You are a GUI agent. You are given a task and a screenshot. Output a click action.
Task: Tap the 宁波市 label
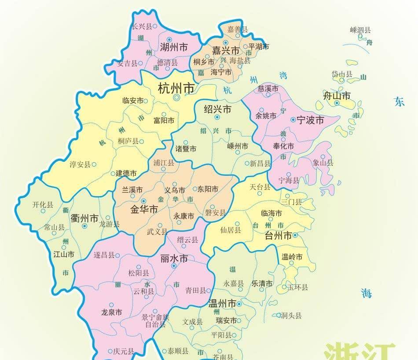[x=310, y=120]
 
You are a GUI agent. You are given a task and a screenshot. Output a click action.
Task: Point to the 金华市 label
[x=144, y=210]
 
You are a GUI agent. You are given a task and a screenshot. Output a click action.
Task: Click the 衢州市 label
[x=84, y=218]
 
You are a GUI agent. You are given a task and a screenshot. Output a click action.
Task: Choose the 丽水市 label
[x=174, y=258]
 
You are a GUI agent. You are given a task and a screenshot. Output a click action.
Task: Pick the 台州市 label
[x=278, y=236]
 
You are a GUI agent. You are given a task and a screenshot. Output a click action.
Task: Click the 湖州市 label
[x=174, y=47]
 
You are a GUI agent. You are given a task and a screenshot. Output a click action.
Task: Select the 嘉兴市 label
[x=226, y=50]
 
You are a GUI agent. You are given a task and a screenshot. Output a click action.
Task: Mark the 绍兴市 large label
[x=217, y=109]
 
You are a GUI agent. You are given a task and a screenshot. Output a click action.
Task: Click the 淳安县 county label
[x=80, y=164]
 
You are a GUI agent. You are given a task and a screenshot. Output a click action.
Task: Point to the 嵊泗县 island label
[x=360, y=30]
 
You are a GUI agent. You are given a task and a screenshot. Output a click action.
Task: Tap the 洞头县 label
[x=291, y=315]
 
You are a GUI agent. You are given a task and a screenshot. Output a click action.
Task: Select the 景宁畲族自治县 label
[x=155, y=320]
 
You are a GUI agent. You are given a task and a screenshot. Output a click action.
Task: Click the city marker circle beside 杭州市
[x=177, y=98]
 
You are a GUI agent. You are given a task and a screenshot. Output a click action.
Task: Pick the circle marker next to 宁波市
[x=293, y=120]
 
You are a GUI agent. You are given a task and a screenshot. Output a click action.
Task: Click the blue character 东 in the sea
[x=399, y=102]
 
